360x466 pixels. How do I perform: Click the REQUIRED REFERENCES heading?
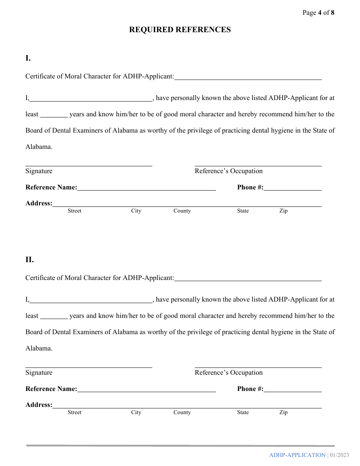(180, 30)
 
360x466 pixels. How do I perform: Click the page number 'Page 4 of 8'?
(318, 13)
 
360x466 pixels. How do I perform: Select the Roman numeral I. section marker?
(28, 58)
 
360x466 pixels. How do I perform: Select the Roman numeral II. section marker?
(30, 260)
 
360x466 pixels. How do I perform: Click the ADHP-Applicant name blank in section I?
(248, 77)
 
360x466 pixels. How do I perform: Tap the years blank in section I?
(54, 115)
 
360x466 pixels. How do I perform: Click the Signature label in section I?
(39, 171)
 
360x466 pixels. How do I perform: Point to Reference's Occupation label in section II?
(229, 373)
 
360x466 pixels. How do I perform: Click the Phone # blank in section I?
(293, 188)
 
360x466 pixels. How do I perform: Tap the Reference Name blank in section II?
(146, 389)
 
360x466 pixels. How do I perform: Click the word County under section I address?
(182, 211)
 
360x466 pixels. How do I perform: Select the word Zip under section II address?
(283, 413)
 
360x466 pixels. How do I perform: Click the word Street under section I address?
(74, 211)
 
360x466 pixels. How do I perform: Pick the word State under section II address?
(243, 413)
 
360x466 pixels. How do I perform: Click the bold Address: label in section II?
(39, 405)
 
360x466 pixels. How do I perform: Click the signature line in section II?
(89, 367)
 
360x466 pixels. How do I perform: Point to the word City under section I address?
(136, 211)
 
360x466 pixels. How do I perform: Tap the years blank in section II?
(54, 316)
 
